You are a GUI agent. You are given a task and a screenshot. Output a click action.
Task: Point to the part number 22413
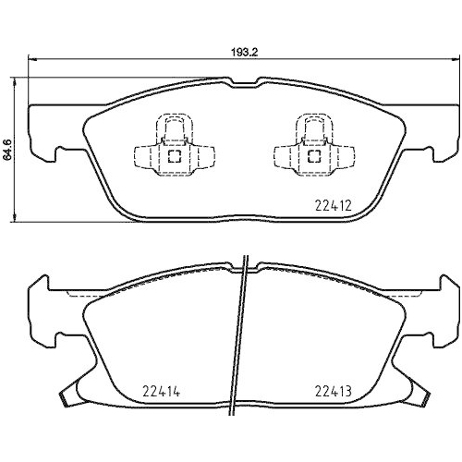[x=330, y=390]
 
